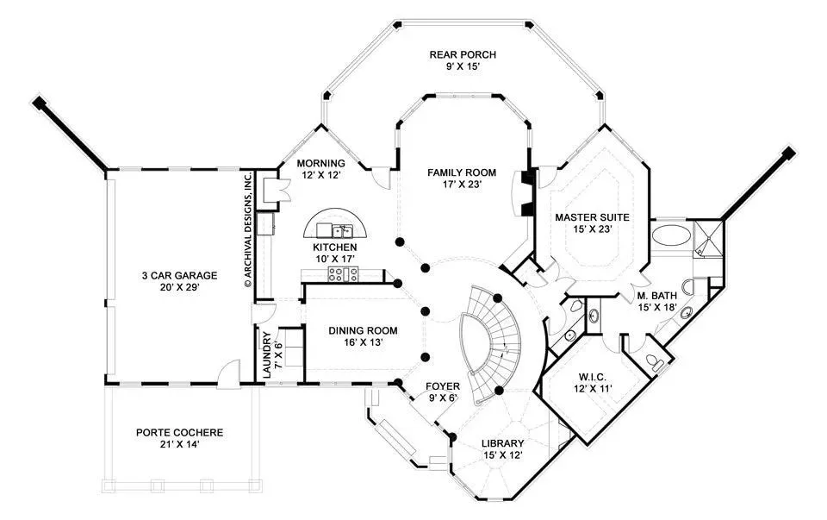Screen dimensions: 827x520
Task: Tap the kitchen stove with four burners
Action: click(344, 274)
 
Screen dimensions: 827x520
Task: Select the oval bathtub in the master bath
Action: click(670, 235)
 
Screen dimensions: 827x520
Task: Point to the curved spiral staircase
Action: click(490, 343)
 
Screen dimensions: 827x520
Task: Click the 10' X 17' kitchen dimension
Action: click(335, 258)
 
